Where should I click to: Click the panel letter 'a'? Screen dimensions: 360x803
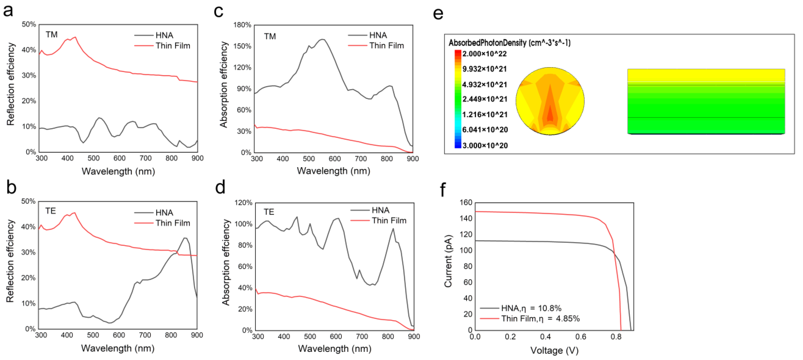[x=8, y=11]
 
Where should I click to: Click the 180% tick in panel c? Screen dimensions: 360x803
[x=242, y=25]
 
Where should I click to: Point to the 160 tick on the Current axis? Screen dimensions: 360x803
[x=466, y=202]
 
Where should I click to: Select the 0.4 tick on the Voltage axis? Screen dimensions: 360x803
[x=545, y=337]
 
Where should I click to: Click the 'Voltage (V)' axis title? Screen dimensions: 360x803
[x=554, y=350]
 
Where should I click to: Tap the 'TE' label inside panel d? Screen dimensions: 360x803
[x=269, y=212]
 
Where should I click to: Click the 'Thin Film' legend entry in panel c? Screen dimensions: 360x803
[x=387, y=46]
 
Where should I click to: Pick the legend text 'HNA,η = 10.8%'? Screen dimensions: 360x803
[x=531, y=308]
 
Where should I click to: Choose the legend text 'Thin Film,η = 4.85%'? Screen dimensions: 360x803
[x=540, y=319]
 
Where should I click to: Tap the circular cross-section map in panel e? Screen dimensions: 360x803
[x=550, y=101]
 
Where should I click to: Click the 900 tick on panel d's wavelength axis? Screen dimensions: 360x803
[x=414, y=337]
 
